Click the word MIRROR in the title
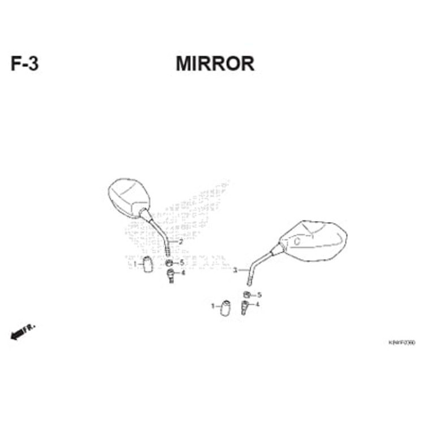[215, 64]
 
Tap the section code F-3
[25, 64]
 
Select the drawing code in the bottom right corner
[401, 343]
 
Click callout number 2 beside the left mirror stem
[180, 242]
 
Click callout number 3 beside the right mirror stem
[235, 271]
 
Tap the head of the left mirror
[129, 196]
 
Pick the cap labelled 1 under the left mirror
[148, 264]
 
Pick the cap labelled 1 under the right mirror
[226, 308]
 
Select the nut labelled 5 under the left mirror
[169, 262]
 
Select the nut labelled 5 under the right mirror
[247, 295]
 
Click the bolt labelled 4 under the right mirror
[244, 307]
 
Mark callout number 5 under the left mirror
[182, 262]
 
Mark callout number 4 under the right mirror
[257, 304]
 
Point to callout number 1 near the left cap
[135, 264]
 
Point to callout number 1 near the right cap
[213, 306]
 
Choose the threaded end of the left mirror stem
[168, 250]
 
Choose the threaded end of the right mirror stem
[249, 281]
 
